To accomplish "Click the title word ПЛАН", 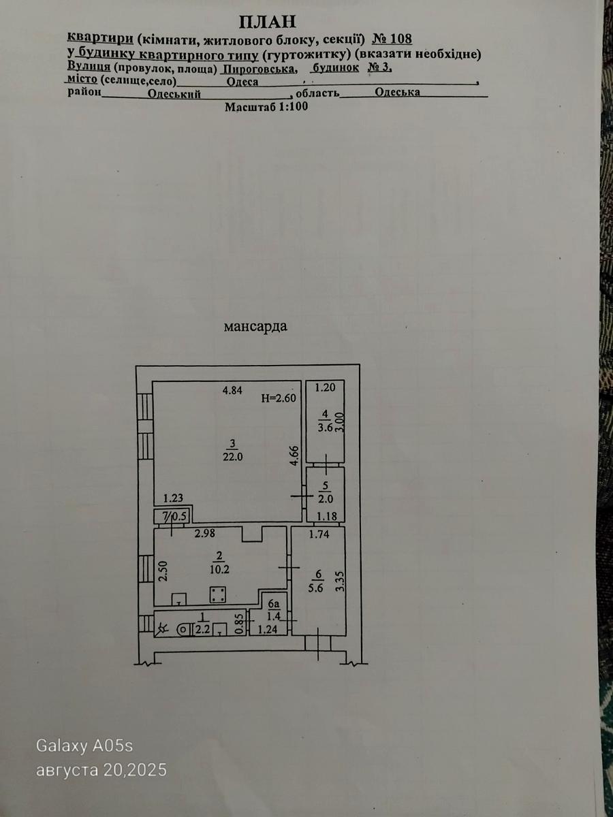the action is [x=267, y=22].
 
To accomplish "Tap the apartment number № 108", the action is [x=392, y=39].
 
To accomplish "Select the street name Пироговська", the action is [x=260, y=69].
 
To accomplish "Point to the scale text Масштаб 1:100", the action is [x=266, y=107].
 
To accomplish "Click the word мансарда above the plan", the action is [x=255, y=326].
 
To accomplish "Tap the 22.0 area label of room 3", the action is [x=233, y=457].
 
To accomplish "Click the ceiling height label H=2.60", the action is [x=279, y=398].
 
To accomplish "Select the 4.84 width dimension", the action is [x=232, y=390].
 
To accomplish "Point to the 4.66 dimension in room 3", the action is [x=295, y=455].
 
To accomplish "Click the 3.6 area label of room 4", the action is [x=325, y=428].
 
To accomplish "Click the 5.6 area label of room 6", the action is [x=319, y=588].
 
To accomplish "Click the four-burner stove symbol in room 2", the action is [x=217, y=594].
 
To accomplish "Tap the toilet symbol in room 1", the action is [x=183, y=630].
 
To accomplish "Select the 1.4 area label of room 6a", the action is [x=274, y=616].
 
